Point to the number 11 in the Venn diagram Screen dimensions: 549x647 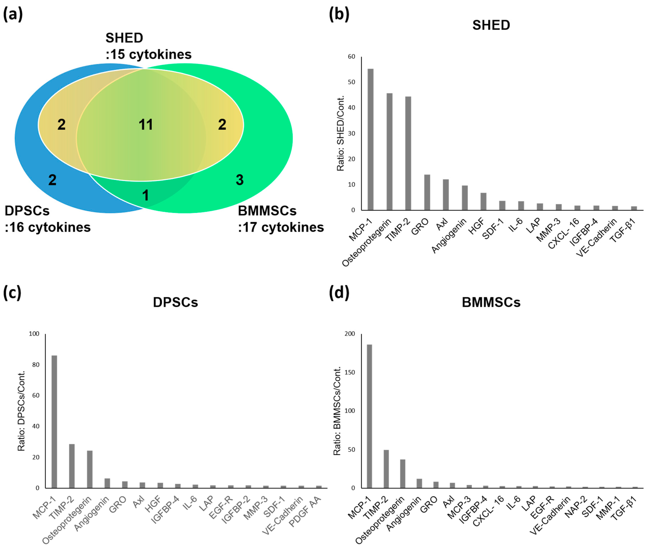pyautogui.click(x=146, y=125)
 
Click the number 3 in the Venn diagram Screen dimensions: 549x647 pyautogui.click(x=239, y=180)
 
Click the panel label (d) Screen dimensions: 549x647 pyautogui.click(x=339, y=293)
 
